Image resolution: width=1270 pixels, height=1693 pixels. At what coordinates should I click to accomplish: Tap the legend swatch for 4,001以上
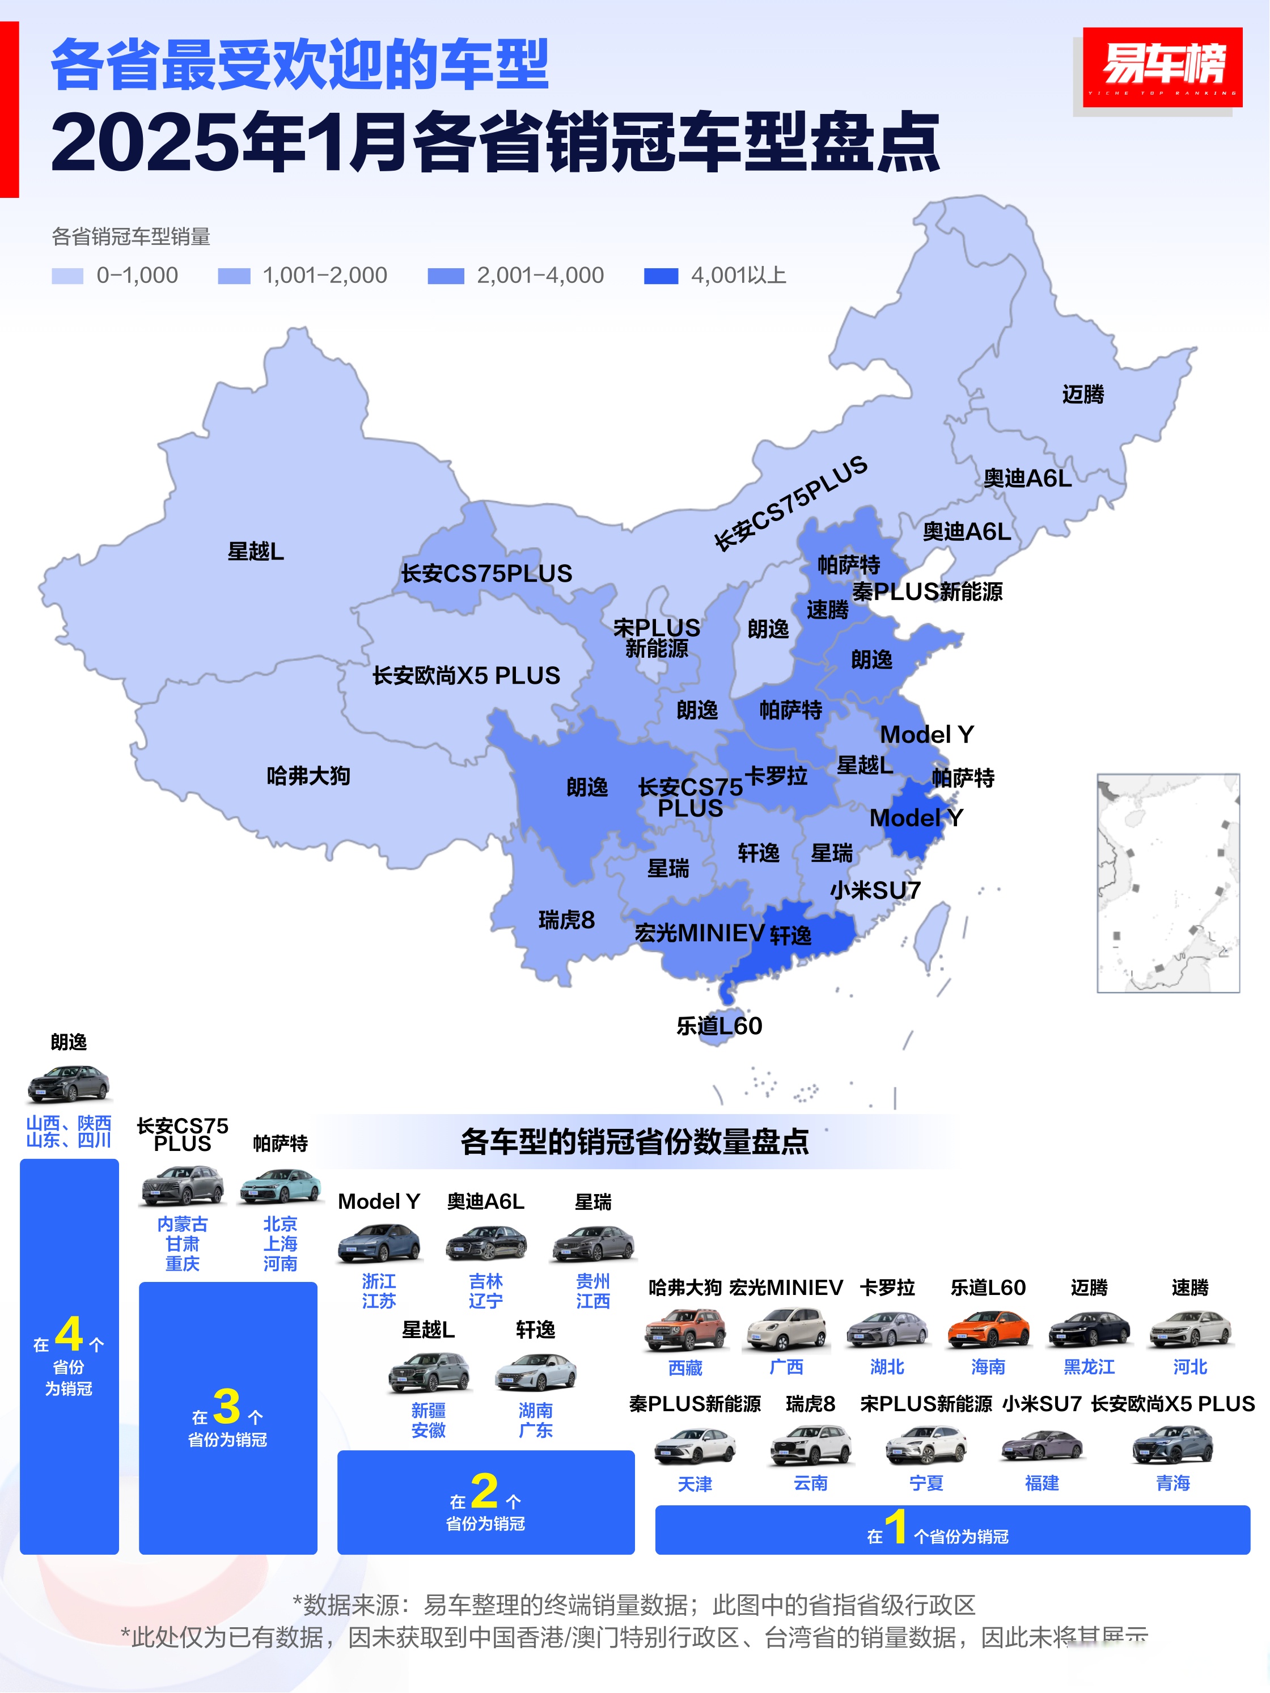[661, 276]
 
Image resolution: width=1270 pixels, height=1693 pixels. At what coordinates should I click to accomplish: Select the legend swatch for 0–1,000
[67, 276]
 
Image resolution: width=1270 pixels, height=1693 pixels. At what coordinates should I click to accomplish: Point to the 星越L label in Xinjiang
[256, 551]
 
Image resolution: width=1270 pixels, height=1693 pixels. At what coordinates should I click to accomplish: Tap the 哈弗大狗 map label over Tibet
[308, 776]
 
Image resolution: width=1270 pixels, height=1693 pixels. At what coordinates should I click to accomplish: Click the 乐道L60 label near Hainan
[719, 1026]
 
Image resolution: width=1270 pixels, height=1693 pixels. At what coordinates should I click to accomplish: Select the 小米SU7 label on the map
[875, 890]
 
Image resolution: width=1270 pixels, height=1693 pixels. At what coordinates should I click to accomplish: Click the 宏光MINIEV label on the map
[700, 933]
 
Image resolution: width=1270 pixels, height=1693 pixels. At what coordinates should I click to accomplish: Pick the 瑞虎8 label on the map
[566, 920]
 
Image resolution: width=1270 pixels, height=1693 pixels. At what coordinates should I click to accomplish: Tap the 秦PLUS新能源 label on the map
[927, 591]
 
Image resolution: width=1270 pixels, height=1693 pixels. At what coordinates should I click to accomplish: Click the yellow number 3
[227, 1406]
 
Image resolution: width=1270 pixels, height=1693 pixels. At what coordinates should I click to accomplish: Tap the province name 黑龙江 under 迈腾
[1089, 1367]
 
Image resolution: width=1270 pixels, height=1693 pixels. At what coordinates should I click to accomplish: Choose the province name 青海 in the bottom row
[1173, 1483]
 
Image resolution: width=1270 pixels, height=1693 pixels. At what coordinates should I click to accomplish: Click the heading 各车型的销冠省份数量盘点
[634, 1141]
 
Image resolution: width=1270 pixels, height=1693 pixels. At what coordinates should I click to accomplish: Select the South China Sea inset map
[1167, 882]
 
